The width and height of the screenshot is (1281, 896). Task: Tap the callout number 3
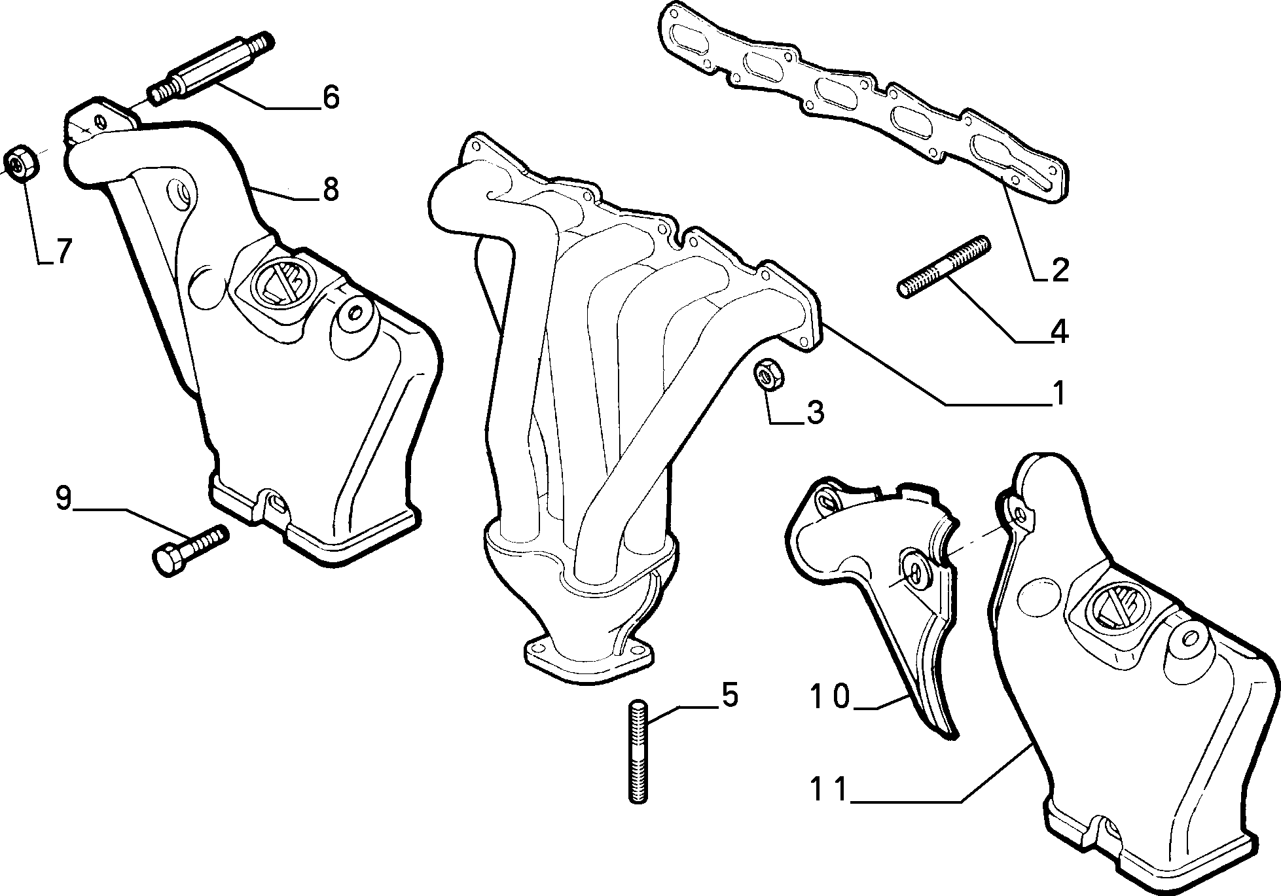[x=814, y=412]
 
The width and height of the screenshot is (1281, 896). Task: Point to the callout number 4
[x=1058, y=331]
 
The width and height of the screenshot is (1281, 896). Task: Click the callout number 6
[x=331, y=97]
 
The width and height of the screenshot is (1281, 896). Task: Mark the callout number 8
[x=330, y=189]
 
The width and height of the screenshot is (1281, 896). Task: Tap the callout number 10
[x=830, y=696]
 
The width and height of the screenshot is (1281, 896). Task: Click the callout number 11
[x=829, y=789]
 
